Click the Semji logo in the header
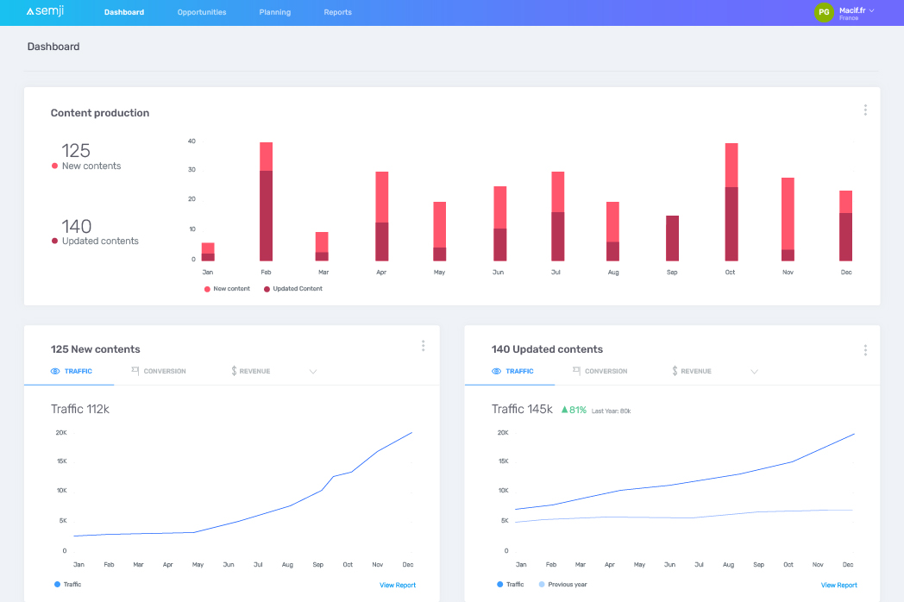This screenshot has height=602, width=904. click(x=46, y=12)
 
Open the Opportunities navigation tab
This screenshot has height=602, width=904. click(x=202, y=12)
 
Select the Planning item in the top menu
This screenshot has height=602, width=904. click(x=274, y=12)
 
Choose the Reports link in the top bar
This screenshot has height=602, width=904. click(x=337, y=12)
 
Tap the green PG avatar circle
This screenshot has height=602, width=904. click(x=824, y=12)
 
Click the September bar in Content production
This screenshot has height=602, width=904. click(x=672, y=238)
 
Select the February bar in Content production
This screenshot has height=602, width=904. click(x=266, y=202)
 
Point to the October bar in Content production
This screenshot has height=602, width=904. click(x=731, y=202)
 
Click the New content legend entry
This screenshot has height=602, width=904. click(x=227, y=289)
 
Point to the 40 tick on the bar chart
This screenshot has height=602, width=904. click(x=191, y=141)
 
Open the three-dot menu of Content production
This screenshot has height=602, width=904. click(x=864, y=110)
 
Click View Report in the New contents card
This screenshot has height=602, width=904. click(x=398, y=586)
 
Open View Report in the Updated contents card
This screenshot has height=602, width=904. click(x=838, y=586)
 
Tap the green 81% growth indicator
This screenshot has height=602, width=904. click(x=574, y=410)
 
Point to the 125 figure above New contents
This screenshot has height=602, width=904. click(x=76, y=151)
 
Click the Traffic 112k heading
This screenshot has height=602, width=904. click(x=80, y=409)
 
